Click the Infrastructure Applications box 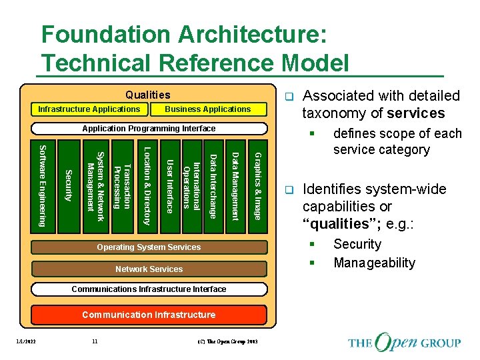click(x=89, y=109)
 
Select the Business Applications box click(x=207, y=109)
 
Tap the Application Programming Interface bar click(x=149, y=128)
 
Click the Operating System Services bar click(x=149, y=247)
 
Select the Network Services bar click(x=149, y=269)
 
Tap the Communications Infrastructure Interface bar click(x=149, y=289)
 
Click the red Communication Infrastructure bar click(x=149, y=315)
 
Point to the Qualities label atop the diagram click(x=148, y=95)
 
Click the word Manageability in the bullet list click(x=374, y=263)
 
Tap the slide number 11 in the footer click(x=95, y=341)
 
